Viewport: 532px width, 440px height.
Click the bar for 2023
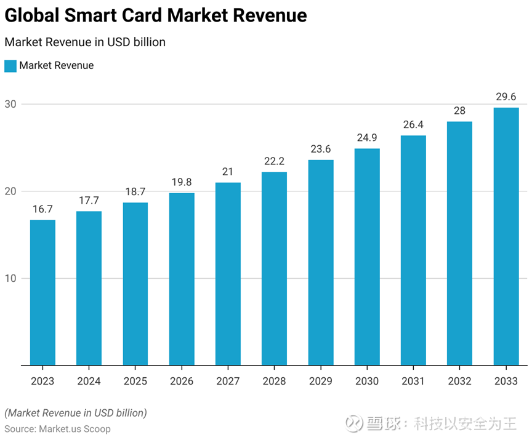coord(42,292)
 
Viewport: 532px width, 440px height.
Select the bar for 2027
coord(228,274)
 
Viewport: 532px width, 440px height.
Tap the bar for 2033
coord(506,236)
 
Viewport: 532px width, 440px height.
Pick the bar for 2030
coord(367,257)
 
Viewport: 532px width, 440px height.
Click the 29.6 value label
coord(506,97)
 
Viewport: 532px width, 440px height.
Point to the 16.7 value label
coord(42,209)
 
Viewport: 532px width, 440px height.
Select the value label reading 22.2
coord(274,161)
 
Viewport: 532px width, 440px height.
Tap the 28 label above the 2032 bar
coord(459,111)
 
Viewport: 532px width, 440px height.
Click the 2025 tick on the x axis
coord(135,382)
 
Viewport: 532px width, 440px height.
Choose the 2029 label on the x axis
coord(320,382)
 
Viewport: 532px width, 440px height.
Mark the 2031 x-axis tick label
coord(413,382)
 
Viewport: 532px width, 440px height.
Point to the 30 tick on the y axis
coord(11,104)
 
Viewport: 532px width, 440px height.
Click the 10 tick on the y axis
coord(11,278)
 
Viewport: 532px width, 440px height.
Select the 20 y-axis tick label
coord(11,191)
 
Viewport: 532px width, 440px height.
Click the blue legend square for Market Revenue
coord(10,66)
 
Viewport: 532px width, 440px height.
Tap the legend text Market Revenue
coord(57,66)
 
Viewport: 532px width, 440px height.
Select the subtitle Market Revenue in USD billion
coord(85,42)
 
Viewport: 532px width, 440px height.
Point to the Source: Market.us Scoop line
coord(58,428)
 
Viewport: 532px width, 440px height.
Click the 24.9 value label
coord(367,138)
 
